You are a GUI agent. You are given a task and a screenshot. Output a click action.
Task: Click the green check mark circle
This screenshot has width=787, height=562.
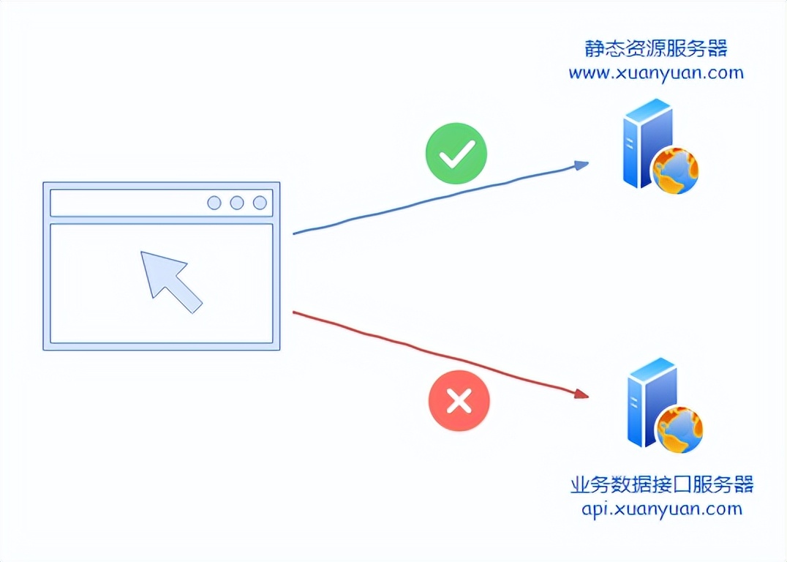pyautogui.click(x=456, y=153)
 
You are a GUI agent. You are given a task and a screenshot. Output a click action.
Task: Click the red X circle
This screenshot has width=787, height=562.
pyautogui.click(x=459, y=400)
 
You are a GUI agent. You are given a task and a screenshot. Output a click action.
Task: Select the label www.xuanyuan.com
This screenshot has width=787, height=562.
pyautogui.click(x=655, y=73)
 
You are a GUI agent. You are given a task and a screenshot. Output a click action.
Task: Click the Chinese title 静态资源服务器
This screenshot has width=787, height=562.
pyautogui.click(x=656, y=50)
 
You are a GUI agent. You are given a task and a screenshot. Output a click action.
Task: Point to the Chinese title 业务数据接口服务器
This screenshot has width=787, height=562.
pyautogui.click(x=661, y=484)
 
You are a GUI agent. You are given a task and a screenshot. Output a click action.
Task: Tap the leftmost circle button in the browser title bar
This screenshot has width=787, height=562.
pyautogui.click(x=214, y=203)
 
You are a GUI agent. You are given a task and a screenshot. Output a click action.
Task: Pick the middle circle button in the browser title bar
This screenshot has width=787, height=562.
pyautogui.click(x=237, y=203)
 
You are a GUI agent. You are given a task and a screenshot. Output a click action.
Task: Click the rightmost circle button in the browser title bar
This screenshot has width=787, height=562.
pyautogui.click(x=260, y=203)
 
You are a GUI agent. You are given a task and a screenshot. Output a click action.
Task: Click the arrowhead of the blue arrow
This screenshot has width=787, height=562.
pyautogui.click(x=582, y=165)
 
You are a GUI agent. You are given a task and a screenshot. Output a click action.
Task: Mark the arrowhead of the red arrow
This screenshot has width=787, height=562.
pyautogui.click(x=582, y=394)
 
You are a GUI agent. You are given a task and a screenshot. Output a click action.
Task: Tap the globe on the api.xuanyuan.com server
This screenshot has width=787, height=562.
pyautogui.click(x=679, y=429)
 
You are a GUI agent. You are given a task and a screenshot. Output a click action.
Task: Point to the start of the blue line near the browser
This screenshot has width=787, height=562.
pyautogui.click(x=295, y=233)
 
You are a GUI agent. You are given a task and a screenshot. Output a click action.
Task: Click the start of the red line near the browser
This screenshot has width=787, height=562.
pyautogui.click(x=295, y=313)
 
